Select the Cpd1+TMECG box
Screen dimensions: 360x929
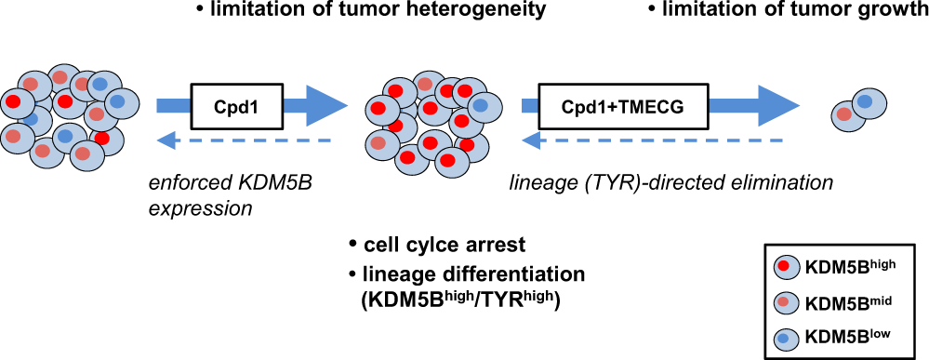click(x=622, y=105)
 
